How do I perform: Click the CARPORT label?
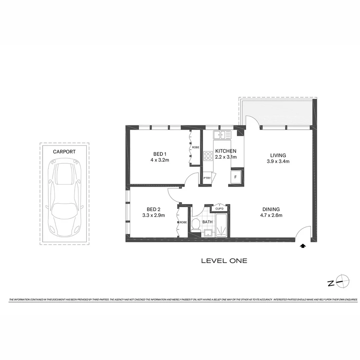click(64, 152)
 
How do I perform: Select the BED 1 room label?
click(159, 154)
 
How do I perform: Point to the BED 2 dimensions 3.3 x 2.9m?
click(154, 215)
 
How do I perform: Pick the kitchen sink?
click(222, 135)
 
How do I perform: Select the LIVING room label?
click(278, 155)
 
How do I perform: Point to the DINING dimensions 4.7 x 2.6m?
click(271, 215)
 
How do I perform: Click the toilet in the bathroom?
click(195, 225)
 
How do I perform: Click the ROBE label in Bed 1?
click(195, 147)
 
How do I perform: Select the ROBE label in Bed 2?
click(183, 222)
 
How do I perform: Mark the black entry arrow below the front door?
click(303, 246)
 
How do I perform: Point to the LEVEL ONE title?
click(224, 261)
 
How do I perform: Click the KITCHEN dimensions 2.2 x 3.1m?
click(226, 157)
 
